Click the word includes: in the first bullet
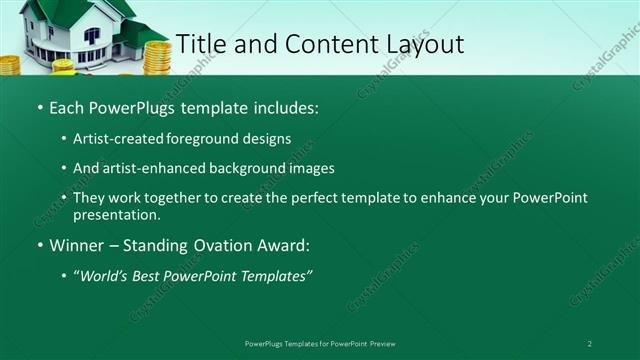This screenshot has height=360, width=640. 283,106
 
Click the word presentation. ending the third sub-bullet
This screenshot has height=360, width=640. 116,214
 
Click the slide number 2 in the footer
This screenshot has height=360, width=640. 589,344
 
